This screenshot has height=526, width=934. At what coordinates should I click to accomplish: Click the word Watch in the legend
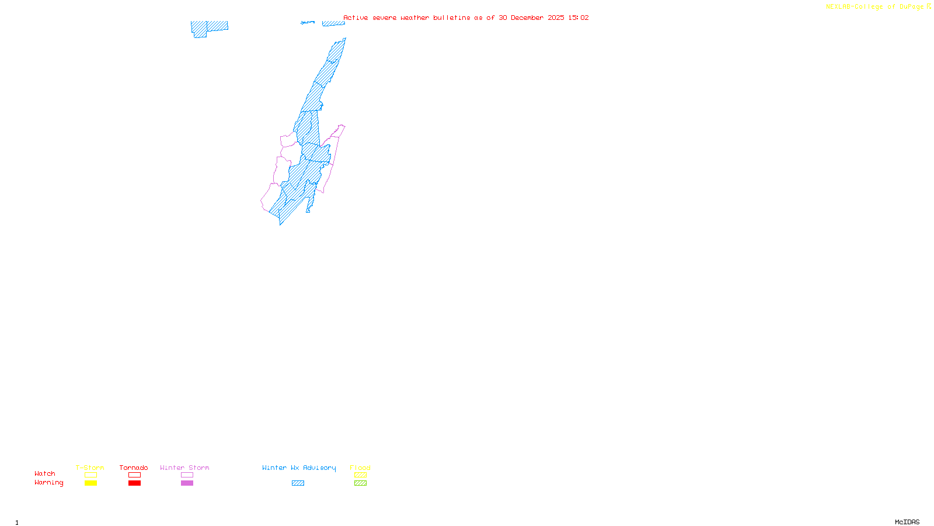pyautogui.click(x=45, y=473)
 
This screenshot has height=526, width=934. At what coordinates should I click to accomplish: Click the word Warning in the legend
pyautogui.click(x=48, y=483)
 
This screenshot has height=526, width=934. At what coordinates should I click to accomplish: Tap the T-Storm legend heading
pyautogui.click(x=90, y=468)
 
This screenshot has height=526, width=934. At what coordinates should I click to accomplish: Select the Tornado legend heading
pyautogui.click(x=134, y=468)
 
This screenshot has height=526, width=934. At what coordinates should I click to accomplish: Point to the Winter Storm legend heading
pyautogui.click(x=184, y=468)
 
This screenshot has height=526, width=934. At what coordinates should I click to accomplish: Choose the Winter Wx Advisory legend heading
pyautogui.click(x=299, y=468)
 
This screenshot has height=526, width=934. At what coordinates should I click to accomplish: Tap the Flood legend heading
pyautogui.click(x=360, y=468)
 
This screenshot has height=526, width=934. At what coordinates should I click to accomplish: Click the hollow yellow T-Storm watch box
pyautogui.click(x=90, y=475)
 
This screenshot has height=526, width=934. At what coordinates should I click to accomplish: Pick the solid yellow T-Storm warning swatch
pyautogui.click(x=90, y=483)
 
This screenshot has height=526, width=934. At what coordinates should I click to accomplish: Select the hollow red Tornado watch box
pyautogui.click(x=135, y=475)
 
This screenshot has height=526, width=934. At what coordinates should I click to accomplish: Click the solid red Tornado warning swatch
pyautogui.click(x=135, y=483)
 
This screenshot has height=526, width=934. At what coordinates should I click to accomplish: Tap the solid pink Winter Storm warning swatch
pyautogui.click(x=187, y=483)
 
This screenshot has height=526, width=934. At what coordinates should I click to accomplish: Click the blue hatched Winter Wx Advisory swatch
pyautogui.click(x=298, y=483)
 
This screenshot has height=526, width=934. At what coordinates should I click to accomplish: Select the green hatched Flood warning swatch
pyautogui.click(x=360, y=483)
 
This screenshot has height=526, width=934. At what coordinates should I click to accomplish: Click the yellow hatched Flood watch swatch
pyautogui.click(x=360, y=475)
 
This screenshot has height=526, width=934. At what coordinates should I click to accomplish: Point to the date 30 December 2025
pyautogui.click(x=531, y=18)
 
